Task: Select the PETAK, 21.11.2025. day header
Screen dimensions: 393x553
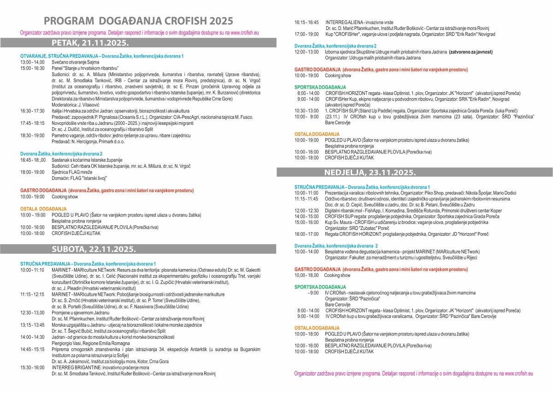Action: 90,43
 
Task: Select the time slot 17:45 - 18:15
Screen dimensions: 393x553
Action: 32,123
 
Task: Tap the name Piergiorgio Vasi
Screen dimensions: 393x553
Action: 69,343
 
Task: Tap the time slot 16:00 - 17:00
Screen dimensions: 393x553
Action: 306,234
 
